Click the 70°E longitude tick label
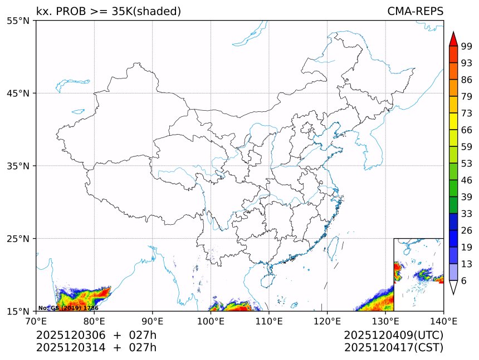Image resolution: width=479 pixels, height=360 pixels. pyautogui.click(x=36, y=320)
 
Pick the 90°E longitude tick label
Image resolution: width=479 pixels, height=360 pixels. pyautogui.click(x=153, y=320)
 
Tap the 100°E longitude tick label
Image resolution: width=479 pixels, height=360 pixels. pyautogui.click(x=211, y=320)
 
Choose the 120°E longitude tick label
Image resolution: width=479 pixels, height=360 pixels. pyautogui.click(x=327, y=320)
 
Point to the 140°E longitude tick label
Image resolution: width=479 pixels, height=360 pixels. pyautogui.click(x=443, y=320)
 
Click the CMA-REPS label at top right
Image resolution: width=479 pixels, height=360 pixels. pyautogui.click(x=415, y=12)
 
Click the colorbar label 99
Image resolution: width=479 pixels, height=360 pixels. pyautogui.click(x=467, y=46)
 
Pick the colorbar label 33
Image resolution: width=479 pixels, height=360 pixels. pyautogui.click(x=467, y=214)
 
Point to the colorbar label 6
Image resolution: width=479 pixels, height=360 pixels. pyautogui.click(x=464, y=281)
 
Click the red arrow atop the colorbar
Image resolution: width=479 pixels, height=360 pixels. pyautogui.click(x=453, y=39)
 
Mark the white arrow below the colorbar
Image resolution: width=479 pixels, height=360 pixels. pyautogui.click(x=453, y=287)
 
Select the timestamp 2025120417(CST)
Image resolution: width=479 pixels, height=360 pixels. pyautogui.click(x=393, y=348)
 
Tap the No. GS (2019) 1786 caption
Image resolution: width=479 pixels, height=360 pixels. pyautogui.click(x=68, y=308)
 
